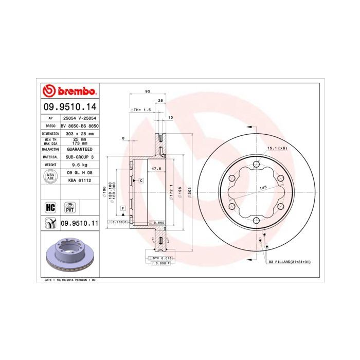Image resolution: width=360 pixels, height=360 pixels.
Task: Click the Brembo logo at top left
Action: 69,92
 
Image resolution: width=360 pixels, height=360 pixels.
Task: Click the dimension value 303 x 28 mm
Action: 79,133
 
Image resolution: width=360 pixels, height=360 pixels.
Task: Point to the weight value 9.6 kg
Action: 79,165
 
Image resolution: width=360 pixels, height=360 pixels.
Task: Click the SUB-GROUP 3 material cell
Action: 79,156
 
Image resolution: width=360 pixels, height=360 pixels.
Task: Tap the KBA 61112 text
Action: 79,181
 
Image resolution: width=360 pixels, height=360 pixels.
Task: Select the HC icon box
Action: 50,207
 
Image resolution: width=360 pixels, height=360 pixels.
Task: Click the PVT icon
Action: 69,207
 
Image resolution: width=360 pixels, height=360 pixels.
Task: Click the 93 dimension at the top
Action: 148,91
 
